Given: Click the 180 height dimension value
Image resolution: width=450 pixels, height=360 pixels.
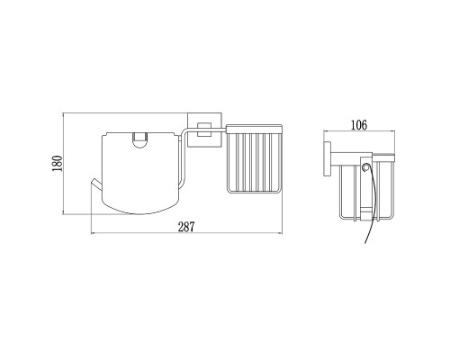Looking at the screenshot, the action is (57, 164).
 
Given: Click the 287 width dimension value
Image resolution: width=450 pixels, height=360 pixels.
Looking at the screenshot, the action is (186, 227).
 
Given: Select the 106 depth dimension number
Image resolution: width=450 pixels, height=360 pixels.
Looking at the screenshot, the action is (359, 125).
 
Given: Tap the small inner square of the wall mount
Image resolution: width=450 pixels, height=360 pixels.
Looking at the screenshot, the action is (203, 130).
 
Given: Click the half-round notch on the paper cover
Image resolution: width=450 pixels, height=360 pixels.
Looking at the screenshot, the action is (139, 140).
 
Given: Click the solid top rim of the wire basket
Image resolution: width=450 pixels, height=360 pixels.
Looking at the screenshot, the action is (254, 129).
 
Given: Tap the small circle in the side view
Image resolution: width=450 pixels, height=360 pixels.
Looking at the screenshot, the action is (365, 167).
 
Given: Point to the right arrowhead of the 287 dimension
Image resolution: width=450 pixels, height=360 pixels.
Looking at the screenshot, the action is (281, 233).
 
